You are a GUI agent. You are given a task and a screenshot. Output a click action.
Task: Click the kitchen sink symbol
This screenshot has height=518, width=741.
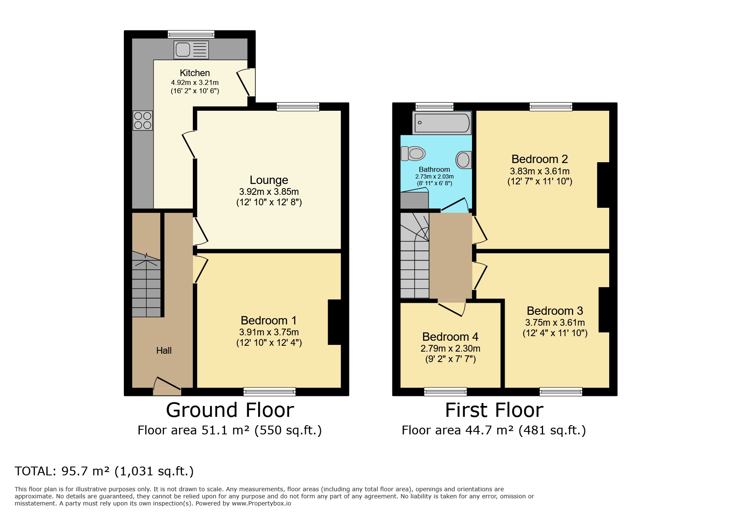click(191, 50)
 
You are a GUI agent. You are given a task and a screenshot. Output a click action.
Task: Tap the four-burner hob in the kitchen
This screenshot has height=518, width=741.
click(143, 120)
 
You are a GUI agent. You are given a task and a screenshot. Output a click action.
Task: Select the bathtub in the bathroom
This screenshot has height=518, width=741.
click(442, 122)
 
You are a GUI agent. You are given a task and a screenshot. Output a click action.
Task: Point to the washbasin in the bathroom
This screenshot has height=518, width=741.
click(463, 160)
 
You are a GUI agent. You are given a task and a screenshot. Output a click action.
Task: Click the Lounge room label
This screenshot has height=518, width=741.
click(269, 180)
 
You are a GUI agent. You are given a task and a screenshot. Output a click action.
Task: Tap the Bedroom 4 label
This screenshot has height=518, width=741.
click(450, 337)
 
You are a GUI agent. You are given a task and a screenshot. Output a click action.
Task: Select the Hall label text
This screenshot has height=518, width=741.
click(164, 350)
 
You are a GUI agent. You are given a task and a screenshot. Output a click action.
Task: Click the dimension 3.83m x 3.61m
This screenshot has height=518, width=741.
click(539, 171)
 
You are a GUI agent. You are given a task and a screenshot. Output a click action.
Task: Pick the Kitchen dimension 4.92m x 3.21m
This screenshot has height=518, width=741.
click(195, 83)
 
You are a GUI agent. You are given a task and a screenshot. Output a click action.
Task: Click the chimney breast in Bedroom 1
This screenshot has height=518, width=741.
click(334, 322)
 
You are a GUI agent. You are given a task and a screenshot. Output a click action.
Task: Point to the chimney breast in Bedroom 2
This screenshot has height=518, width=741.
click(603, 185)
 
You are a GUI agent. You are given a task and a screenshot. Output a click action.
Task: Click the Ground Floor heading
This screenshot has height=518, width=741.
click(230, 410)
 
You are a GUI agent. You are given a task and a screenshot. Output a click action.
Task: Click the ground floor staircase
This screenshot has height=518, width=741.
click(146, 284)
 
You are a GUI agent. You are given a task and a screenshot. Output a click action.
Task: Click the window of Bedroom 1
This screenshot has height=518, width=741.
click(269, 391)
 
